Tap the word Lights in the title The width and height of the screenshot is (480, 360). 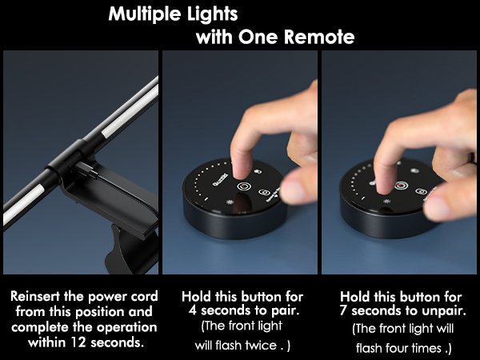(x=211, y=14)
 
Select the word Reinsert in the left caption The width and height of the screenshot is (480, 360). (x=38, y=295)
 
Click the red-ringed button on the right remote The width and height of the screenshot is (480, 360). (x=398, y=186)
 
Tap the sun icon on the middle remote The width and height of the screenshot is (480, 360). (x=230, y=202)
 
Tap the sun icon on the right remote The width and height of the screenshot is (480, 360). (x=386, y=202)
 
